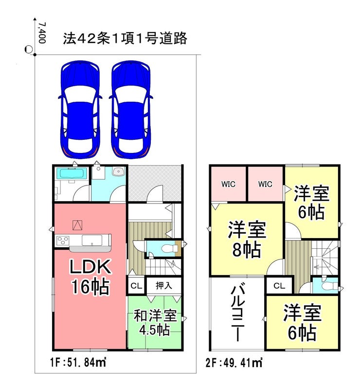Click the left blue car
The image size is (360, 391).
[x=80, y=110]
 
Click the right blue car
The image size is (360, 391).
[x=131, y=110]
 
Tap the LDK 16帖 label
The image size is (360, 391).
[x=90, y=277]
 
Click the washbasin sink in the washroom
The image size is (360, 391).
[x=118, y=171]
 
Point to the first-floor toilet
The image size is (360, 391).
[x=169, y=248]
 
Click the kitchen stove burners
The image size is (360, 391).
[x=63, y=241]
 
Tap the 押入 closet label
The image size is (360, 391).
[x=164, y=285]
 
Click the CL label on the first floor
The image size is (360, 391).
[x=136, y=286]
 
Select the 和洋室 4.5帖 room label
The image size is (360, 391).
[x=155, y=323]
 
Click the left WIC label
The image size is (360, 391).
[x=228, y=184]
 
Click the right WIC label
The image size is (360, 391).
[x=265, y=184]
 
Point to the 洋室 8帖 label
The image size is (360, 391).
[x=247, y=240]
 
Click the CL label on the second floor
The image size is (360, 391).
[x=279, y=286]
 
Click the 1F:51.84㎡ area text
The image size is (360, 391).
[x=78, y=362]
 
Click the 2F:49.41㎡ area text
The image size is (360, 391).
[x=234, y=363]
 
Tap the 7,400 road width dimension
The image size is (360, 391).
[x=42, y=33]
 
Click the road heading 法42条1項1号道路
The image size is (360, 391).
[x=125, y=38]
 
